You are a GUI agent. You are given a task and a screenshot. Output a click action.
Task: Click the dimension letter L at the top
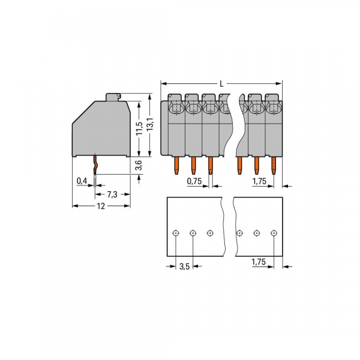coord(221,85)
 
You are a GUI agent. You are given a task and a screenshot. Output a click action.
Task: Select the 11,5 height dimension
coord(139,128)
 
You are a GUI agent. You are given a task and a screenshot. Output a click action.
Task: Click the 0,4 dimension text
coord(81,180)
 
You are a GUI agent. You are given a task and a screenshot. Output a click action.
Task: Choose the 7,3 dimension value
coord(112,195)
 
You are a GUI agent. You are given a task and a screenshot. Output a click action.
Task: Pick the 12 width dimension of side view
coord(100,206)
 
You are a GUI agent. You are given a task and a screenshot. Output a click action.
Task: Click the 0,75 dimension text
coord(194,181)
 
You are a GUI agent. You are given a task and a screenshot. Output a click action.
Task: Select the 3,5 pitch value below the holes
coord(185,267)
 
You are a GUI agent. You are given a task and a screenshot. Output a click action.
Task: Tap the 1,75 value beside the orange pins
coord(259,181)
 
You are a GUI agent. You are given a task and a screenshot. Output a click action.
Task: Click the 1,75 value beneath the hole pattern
coord(259,262)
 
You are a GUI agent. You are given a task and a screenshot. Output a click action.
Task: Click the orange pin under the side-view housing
coord(95,163)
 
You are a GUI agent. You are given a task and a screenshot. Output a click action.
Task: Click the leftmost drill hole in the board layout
coord(175,233)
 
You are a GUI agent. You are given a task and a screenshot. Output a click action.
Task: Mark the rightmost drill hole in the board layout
coord(274,233)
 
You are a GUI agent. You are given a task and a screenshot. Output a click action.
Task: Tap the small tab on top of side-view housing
coord(113,97)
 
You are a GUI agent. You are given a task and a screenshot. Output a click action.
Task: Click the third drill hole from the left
coord(209,233)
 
